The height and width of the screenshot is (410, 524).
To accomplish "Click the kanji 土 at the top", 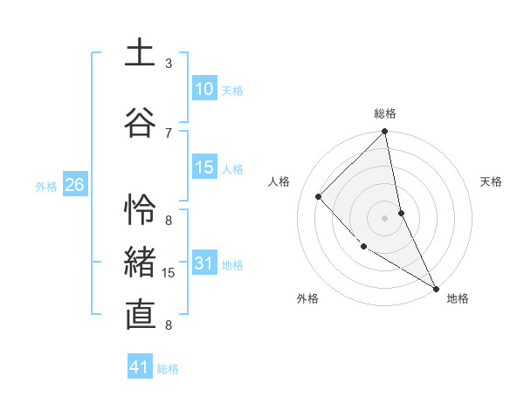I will coord(140,53).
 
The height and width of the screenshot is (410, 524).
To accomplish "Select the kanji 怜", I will coord(140,210).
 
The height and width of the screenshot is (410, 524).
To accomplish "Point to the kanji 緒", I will coord(140,262).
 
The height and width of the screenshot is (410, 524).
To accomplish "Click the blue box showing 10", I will coord(204,89).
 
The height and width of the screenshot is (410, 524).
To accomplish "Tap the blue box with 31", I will coord(204,263).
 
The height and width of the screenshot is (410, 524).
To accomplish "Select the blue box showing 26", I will coord(75,185).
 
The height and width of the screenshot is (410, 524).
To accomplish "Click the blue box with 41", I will coord(140,367).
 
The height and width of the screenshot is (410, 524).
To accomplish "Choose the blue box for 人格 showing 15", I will coord(204,167).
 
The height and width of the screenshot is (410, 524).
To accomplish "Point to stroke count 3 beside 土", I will coord(169,64).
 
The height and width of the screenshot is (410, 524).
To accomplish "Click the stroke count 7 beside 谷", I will coord(169,132).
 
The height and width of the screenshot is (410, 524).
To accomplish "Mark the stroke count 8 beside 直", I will coord(169,325).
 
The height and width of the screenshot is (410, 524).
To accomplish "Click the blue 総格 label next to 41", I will coord(169,369).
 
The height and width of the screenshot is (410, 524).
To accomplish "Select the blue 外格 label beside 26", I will coord(46,186).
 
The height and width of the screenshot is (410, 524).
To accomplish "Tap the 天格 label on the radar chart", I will coord(492,181).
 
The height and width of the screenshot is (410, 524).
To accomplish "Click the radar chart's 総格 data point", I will coord(385,133).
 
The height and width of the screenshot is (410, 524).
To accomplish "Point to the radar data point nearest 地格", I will coord(435,288).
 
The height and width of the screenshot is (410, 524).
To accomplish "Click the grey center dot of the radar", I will coord(385,217).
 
